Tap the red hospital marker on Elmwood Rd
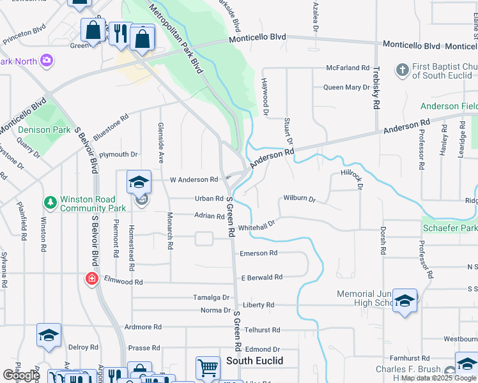click(x=92, y=279)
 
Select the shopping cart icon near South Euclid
click(x=207, y=367)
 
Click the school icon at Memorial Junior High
click(x=405, y=301)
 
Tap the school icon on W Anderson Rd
click(x=139, y=181)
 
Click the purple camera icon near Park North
click(x=46, y=61)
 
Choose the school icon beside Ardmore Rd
click(x=49, y=335)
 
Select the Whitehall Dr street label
click(x=256, y=225)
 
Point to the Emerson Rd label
click(x=258, y=253)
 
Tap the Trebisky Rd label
click(x=377, y=86)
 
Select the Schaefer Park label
click(x=449, y=228)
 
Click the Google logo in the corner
click(x=22, y=375)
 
